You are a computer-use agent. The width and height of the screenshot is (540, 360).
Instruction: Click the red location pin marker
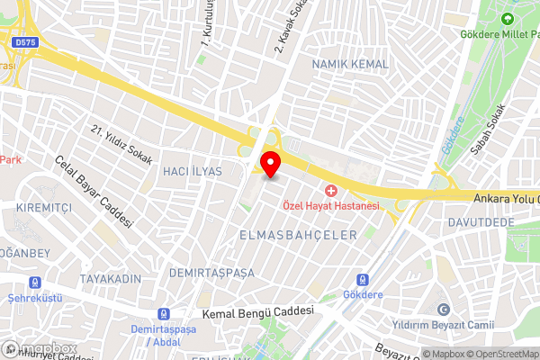click(x=270, y=165)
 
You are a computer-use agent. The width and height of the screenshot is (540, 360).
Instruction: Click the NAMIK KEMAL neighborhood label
click(x=350, y=65)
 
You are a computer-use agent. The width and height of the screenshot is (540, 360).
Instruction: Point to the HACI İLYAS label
click(x=192, y=171)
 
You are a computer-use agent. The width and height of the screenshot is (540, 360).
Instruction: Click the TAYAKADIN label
click(x=110, y=279)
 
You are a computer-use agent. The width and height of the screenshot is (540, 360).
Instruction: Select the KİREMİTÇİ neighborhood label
click(x=44, y=207)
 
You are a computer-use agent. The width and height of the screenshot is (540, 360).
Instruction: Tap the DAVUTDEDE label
click(x=481, y=221)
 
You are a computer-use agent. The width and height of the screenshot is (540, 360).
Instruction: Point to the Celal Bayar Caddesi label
click(x=94, y=192)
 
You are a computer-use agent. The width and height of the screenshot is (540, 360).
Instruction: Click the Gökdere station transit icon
click(x=363, y=280)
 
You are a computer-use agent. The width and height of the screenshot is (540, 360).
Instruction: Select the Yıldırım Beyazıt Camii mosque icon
click(x=441, y=308)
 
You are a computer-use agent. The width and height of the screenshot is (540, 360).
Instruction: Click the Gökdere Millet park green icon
click(x=507, y=18)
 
